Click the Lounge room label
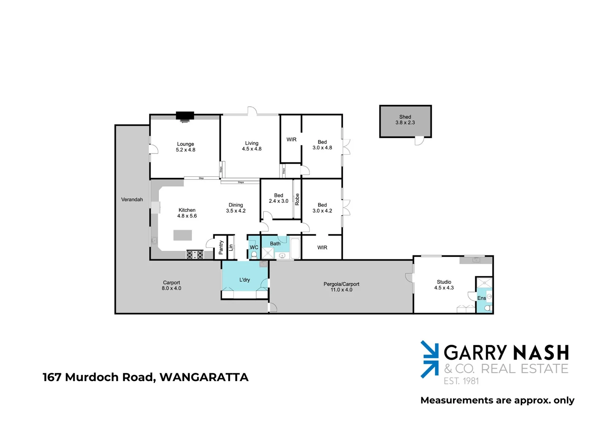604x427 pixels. pos(185,144)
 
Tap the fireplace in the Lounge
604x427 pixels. pos(185,116)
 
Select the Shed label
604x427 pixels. pos(405,117)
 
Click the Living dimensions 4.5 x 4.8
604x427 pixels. pos(252,149)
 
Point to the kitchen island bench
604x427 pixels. pos(183,236)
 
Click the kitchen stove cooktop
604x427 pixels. pos(195,255)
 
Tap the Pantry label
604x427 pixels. pos(221,248)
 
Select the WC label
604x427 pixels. pos(254,248)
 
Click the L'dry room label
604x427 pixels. pos(245,280)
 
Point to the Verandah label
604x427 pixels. pos(132,200)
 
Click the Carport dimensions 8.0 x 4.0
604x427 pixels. pos(172,288)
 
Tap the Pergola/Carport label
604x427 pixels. pos(342,284)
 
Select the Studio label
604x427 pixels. pos(444,282)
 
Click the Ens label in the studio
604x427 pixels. pos(481,298)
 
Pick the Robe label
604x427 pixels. pos(297,199)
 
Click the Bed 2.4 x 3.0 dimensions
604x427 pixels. pos(279,201)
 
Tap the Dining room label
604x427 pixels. pos(236,205)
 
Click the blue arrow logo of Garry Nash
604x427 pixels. pos(430,359)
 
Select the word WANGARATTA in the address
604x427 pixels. pos(204,377)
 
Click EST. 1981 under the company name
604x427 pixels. pos(461,381)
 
